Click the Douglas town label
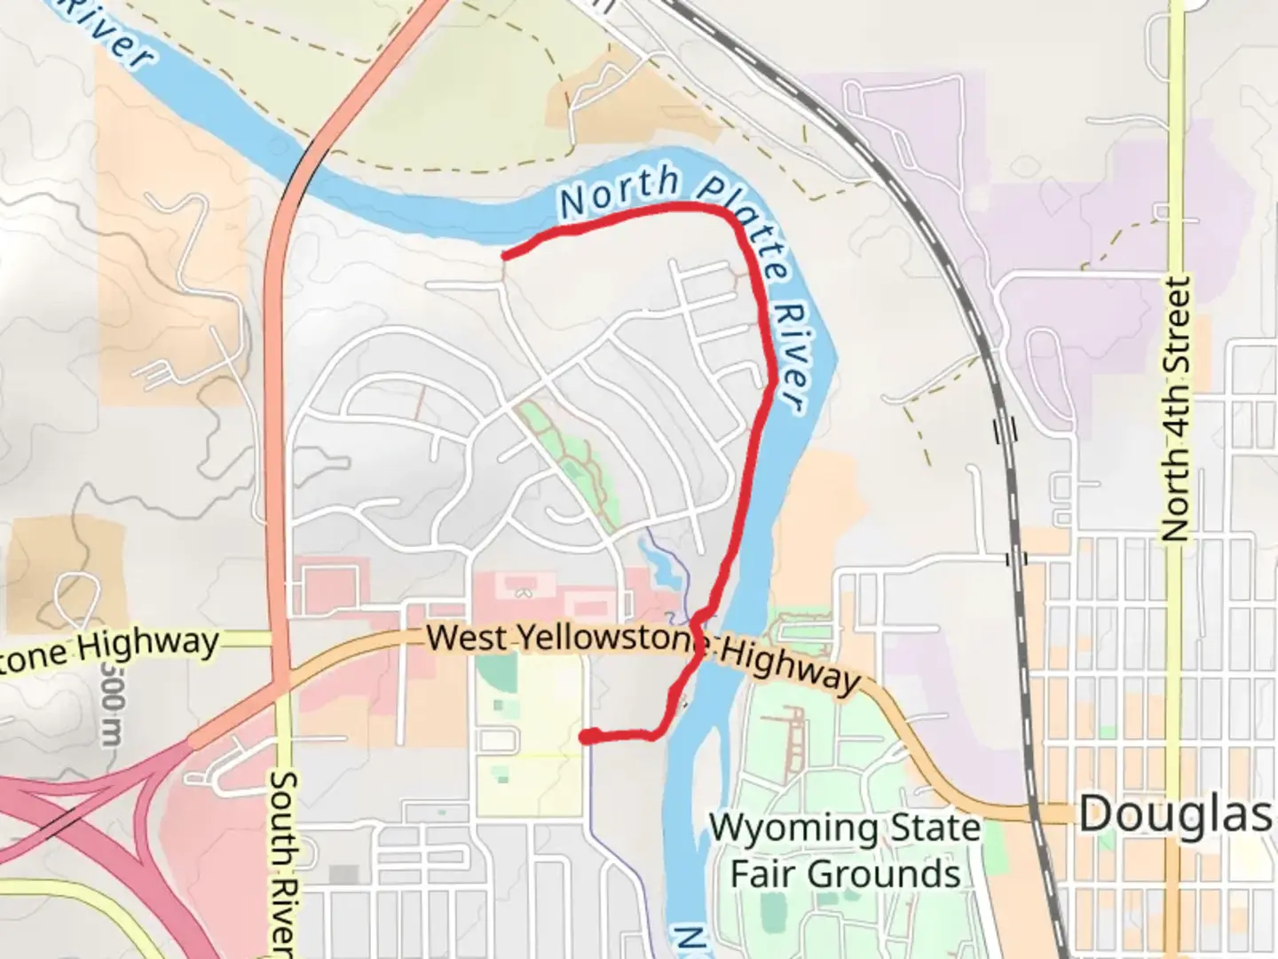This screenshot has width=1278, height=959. coord(1173,813)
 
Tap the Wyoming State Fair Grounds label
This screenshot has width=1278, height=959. coord(845,851)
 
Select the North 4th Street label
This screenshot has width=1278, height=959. coord(1175,408)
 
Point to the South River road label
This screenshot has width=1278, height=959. coord(282,861)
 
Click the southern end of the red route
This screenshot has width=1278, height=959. coord(586,735)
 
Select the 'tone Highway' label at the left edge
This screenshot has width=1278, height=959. coord(111,646)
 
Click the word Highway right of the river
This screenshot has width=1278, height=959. coord(790,666)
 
